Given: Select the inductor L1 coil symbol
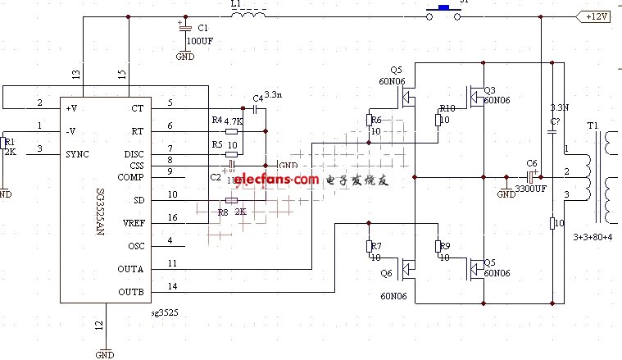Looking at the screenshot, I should point(247,15).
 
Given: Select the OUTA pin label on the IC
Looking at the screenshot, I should point(131,269).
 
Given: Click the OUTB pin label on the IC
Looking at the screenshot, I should point(131,292).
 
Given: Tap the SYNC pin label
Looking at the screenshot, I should point(76,154).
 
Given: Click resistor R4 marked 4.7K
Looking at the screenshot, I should point(232,130).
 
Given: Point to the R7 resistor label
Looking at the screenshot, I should point(375,246).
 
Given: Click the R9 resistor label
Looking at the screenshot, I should point(445,246).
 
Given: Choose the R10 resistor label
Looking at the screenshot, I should point(447,108).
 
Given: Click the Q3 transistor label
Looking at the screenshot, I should point(490,89).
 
